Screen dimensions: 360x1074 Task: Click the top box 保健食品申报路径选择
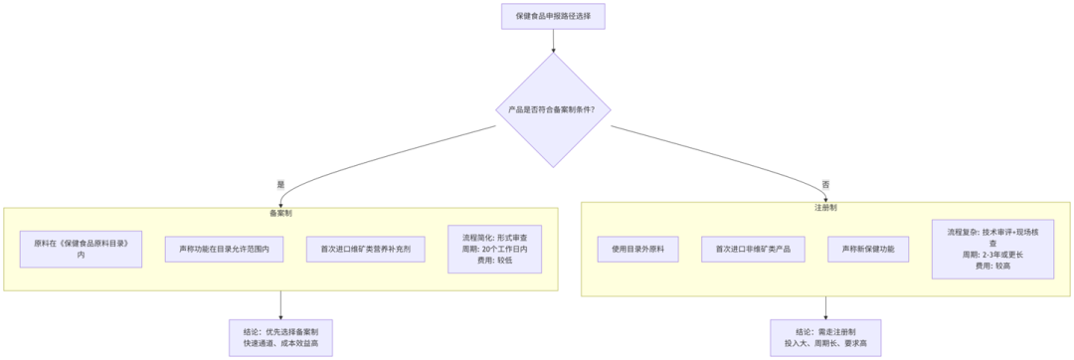553,16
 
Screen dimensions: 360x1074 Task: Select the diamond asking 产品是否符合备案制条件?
553,109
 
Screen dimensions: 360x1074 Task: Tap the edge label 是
280,184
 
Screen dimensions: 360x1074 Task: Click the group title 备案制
280,213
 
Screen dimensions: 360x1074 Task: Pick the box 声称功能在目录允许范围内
225,249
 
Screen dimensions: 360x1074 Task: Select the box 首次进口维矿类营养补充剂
366,249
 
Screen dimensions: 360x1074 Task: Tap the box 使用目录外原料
638,249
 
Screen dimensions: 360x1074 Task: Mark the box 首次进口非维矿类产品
752,249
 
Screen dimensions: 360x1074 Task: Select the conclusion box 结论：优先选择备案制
280,337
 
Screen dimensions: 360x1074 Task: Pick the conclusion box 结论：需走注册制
824,337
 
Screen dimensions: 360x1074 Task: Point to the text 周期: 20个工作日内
501,249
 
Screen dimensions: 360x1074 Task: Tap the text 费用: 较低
501,260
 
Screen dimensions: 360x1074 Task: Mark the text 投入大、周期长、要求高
824,343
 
